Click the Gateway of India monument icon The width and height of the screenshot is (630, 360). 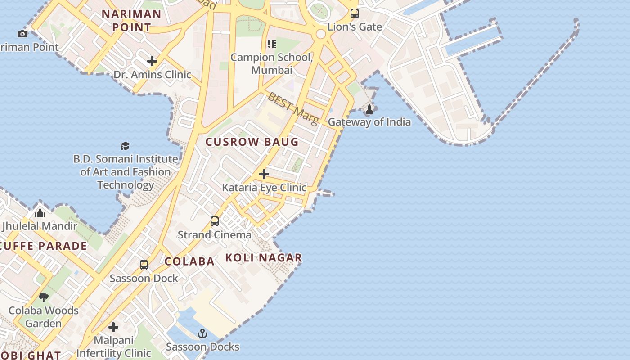369,109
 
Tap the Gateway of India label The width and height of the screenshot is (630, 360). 369,122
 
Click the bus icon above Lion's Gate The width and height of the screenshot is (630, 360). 355,13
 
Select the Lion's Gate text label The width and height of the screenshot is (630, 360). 355,27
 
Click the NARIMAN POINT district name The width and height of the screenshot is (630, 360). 131,20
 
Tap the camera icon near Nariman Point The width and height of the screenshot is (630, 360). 22,34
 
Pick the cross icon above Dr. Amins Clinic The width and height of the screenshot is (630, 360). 152,61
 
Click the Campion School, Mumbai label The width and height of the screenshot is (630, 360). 271,63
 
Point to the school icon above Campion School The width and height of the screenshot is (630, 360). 271,44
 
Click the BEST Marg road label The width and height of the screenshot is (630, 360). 293,108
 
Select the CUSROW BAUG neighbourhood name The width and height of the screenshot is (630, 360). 252,142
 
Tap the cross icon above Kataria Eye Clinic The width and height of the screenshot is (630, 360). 264,174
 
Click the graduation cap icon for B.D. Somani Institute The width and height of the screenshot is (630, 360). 125,146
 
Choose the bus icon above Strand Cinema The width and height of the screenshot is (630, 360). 215,221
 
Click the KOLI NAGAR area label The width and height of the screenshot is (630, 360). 263,258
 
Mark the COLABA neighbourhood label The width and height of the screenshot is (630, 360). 189,261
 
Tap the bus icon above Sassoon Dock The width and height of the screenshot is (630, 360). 144,265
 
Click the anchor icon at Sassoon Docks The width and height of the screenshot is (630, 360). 202,333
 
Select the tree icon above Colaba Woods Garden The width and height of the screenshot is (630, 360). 44,297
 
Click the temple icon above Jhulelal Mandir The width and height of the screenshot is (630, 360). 40,213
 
